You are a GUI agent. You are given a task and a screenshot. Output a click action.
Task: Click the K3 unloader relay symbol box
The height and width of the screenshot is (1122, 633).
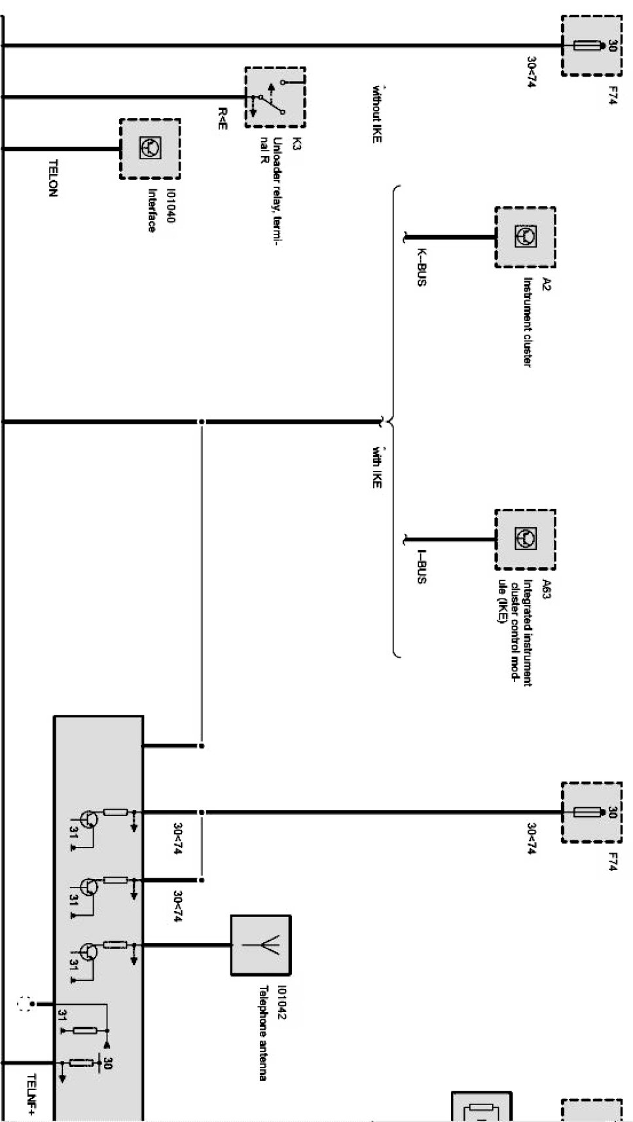275,98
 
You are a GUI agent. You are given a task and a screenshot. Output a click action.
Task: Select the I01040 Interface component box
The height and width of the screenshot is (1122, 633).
150,149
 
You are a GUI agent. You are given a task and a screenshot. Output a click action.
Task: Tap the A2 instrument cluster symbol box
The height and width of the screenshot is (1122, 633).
526,237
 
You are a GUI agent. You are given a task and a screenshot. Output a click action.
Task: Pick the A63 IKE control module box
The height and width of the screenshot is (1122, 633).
526,540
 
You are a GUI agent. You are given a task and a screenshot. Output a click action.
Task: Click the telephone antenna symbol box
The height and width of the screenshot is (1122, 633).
261,945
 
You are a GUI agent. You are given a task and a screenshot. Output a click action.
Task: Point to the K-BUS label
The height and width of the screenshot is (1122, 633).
422,267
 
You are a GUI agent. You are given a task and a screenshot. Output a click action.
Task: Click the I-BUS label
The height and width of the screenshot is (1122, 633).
422,567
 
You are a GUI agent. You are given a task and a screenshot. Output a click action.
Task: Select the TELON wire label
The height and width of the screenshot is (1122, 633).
53,178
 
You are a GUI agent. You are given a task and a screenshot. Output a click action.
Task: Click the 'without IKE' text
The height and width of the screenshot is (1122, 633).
377,115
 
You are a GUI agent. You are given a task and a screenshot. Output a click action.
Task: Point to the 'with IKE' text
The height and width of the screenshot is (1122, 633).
376,466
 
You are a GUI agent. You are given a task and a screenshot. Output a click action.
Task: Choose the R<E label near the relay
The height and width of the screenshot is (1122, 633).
223,119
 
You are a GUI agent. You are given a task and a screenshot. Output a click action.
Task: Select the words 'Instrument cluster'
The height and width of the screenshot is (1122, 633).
527,322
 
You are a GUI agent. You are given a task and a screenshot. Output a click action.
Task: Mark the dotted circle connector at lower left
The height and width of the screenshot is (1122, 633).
24,1004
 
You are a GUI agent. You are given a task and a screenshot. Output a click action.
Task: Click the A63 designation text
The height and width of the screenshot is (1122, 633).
547,589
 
